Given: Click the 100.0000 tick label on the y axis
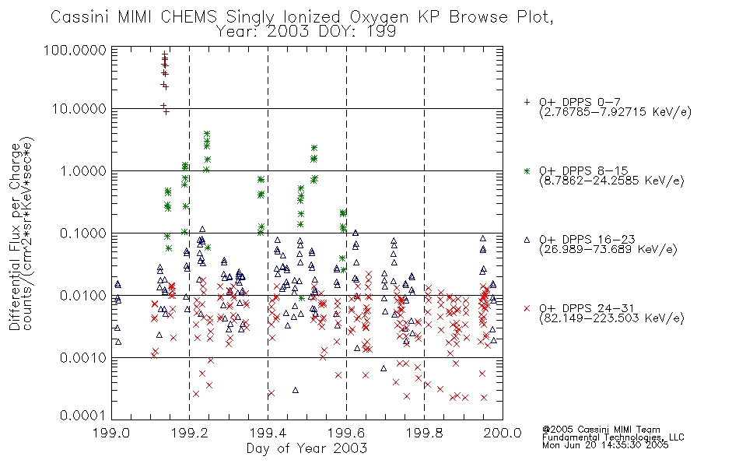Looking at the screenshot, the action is tap(75, 51).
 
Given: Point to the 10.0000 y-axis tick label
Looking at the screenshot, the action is tap(79, 109).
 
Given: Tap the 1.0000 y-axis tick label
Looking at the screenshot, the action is tap(83, 170).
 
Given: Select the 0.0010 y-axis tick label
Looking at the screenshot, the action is tap(83, 358).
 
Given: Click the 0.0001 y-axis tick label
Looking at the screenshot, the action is tap(83, 416).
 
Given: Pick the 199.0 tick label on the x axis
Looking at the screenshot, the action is tap(111, 433).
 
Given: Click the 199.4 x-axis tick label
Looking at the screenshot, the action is tap(268, 433).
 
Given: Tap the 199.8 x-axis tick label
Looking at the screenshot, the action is tap(424, 433).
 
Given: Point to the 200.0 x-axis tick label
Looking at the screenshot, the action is tap(503, 433).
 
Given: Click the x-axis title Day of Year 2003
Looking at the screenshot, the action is tap(306, 448).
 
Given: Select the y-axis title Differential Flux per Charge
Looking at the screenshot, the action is tap(15, 237).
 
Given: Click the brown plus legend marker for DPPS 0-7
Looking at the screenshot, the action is tap(527, 102).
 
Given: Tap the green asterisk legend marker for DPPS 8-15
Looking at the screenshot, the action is tap(527, 170).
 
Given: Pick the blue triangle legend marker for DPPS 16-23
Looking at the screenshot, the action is tap(527, 240).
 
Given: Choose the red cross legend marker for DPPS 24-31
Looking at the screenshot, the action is tap(527, 308).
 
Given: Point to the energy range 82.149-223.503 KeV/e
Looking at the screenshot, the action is tap(611, 318).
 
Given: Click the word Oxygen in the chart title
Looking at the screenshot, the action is tap(379, 17).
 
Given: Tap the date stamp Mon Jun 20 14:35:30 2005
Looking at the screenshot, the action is tap(605, 445).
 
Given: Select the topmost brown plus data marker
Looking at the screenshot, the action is tap(164, 54).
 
